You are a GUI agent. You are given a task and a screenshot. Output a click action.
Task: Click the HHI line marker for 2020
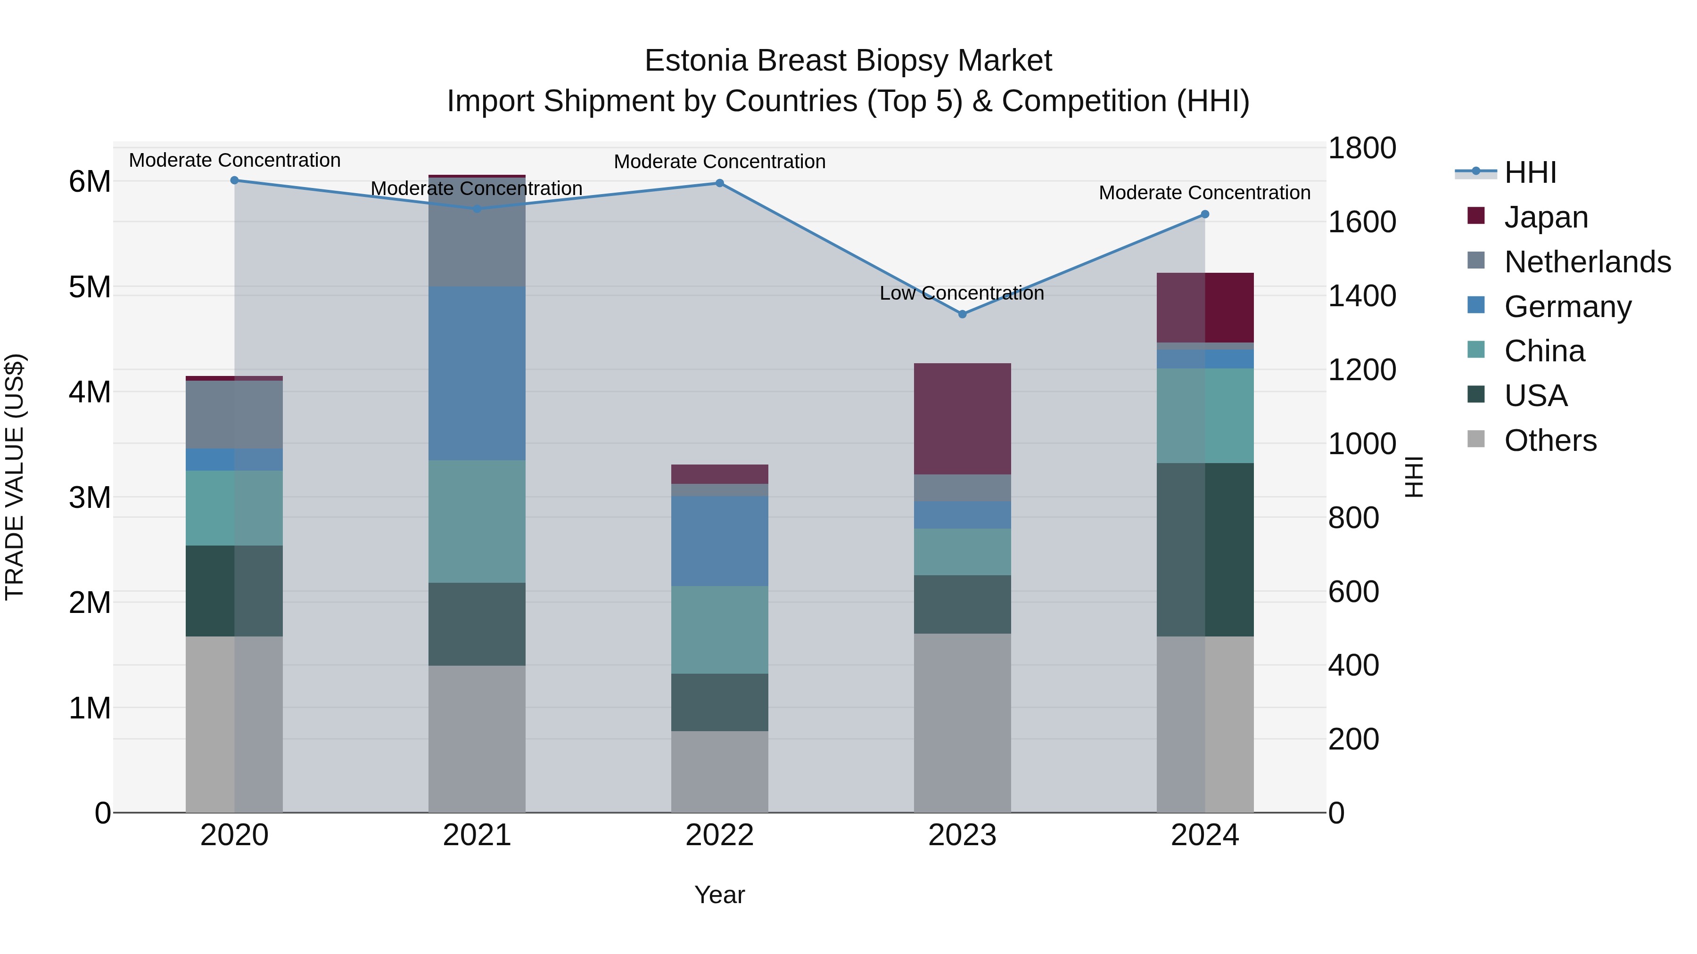point(235,180)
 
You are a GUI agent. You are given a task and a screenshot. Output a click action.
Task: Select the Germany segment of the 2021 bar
point(477,373)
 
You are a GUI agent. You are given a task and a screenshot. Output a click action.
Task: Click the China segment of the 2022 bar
point(719,629)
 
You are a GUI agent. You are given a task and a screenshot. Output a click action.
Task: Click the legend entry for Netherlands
point(1587,262)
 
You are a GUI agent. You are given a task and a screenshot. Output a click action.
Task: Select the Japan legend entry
point(1546,217)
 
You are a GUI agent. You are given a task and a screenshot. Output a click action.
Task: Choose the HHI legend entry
point(1530,172)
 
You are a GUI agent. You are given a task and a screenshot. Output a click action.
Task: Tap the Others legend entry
point(1550,440)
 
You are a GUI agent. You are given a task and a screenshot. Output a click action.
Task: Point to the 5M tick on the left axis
point(90,287)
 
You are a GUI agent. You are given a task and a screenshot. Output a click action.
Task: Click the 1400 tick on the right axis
point(1361,295)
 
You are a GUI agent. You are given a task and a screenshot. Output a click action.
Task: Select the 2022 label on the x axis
point(719,835)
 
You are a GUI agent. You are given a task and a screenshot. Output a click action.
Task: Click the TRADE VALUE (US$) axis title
point(15,477)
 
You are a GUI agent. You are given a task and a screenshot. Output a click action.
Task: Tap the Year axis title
point(719,895)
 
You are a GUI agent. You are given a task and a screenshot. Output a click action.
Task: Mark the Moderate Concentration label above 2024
point(1204,193)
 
